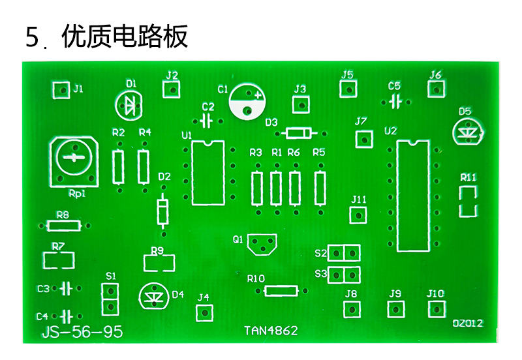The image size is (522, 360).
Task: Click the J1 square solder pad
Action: point(61,90)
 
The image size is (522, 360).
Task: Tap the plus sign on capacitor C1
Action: point(258,95)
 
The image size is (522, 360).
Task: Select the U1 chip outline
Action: point(208,173)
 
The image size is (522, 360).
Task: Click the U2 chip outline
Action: point(413,196)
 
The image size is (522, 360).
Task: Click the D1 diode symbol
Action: point(129,106)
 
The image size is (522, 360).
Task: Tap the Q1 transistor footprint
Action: point(262,245)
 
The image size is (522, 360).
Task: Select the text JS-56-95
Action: point(82,332)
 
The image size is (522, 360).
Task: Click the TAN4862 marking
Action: point(271,331)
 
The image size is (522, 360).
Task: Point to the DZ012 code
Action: point(467,323)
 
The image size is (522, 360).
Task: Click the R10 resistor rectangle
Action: point(281,291)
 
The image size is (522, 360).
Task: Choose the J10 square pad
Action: point(437,309)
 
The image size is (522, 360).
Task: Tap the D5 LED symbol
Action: point(468,132)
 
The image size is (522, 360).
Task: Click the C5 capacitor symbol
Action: point(395,102)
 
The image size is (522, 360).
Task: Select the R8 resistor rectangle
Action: point(64,226)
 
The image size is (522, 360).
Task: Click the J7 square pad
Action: point(364,140)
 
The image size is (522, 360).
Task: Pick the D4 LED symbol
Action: point(154,296)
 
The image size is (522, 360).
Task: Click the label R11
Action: point(468,177)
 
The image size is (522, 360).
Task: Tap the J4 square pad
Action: point(204,313)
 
